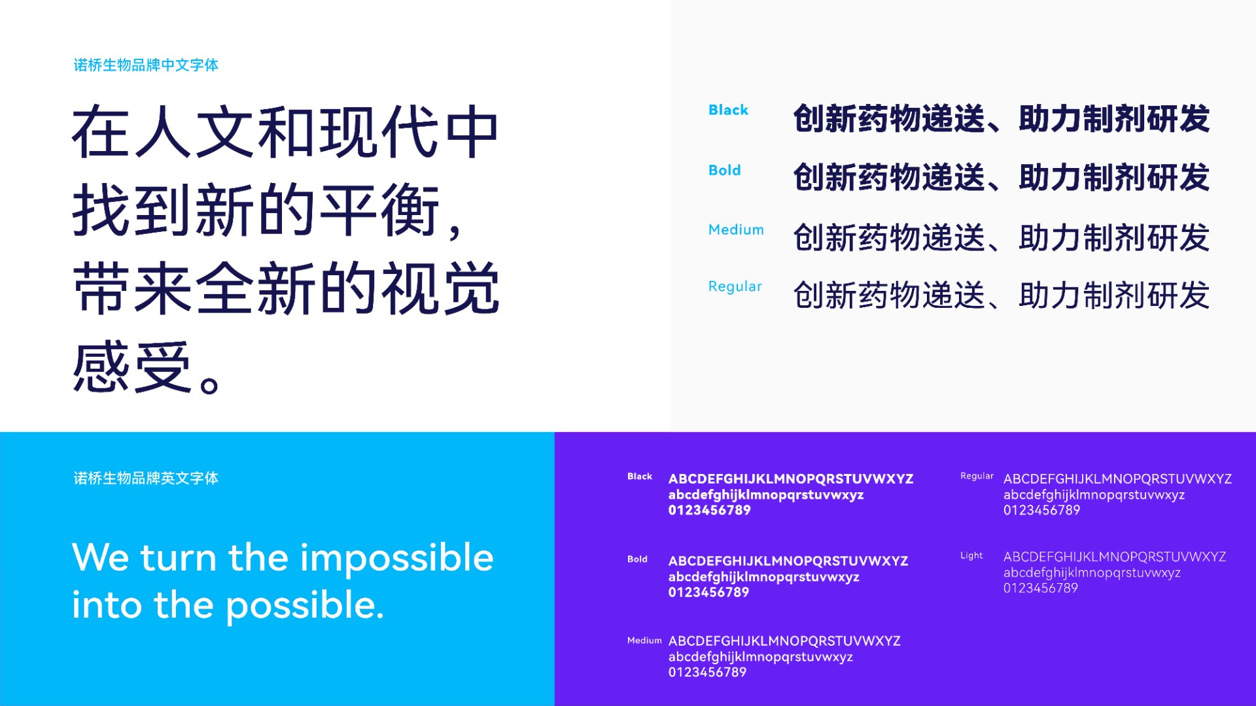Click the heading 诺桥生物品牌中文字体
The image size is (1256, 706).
click(146, 65)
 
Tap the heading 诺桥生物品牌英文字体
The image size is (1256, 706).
click(146, 479)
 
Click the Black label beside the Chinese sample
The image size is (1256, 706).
click(728, 110)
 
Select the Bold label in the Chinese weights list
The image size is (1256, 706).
click(724, 170)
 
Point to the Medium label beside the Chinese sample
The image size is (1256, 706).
click(736, 229)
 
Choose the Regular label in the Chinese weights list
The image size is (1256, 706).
click(735, 287)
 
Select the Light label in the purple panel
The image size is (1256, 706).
click(971, 556)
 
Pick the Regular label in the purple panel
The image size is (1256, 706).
click(977, 477)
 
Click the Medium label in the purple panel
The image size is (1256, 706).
click(644, 641)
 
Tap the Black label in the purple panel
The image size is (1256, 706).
click(640, 477)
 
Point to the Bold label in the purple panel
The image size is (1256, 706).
click(637, 559)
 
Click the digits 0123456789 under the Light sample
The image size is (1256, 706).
click(1041, 588)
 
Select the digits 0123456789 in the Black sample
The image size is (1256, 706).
click(710, 511)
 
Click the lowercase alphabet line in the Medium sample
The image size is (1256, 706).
click(761, 657)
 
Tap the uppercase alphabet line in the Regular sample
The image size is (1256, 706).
click(1117, 479)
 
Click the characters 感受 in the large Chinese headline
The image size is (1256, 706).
click(132, 367)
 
